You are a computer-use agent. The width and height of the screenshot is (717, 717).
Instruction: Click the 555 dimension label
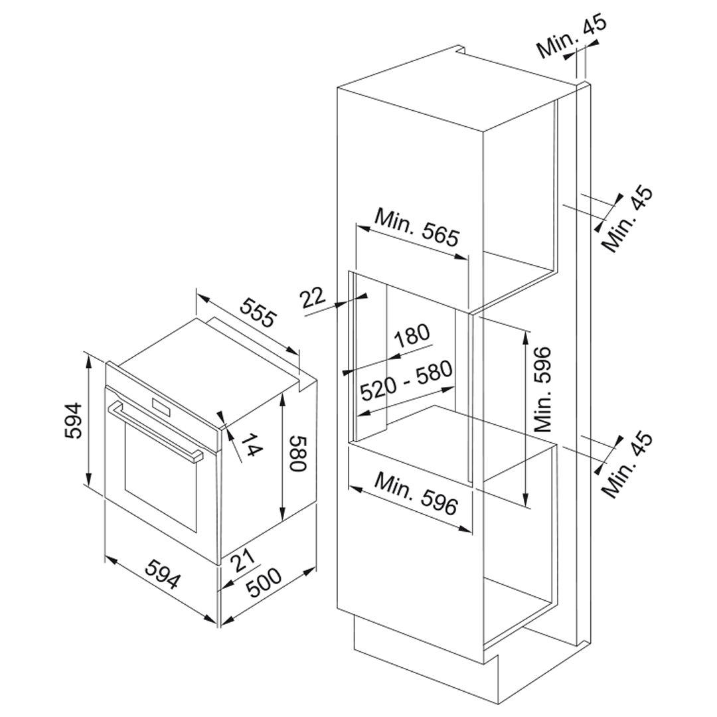259,312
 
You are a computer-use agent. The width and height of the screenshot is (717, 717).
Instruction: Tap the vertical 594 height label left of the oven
73,420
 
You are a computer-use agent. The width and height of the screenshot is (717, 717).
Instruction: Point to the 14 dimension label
250,445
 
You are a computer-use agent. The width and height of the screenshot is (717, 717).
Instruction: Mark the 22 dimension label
313,297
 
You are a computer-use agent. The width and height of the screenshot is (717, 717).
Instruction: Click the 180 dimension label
412,336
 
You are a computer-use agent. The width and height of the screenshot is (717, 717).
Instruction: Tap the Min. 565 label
416,227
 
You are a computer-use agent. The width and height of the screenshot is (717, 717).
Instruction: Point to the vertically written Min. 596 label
543,390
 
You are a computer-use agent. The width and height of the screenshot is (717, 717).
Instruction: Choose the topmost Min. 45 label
572,37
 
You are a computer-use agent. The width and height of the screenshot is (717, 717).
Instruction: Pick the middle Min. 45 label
627,218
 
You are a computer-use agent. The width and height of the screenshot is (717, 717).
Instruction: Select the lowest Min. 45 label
627,465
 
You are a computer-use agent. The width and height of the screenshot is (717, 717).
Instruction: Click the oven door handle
155,433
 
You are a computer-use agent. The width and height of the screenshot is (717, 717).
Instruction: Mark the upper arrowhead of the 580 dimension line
283,398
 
